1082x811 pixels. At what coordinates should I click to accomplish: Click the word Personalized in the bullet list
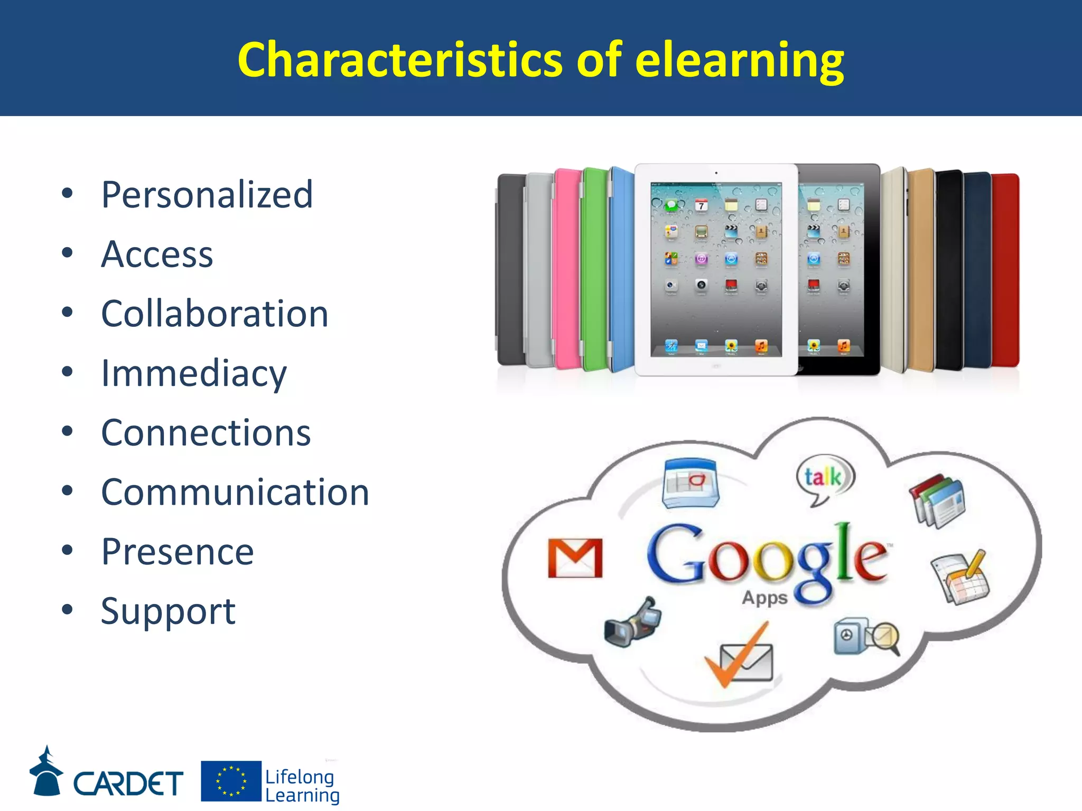point(207,195)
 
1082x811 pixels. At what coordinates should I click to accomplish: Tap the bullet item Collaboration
point(214,314)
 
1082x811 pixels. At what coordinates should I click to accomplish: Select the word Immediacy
point(194,374)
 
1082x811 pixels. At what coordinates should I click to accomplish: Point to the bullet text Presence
point(178,552)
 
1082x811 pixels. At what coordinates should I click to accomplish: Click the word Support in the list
point(168,612)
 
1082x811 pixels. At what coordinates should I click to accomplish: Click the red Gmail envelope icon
point(575,558)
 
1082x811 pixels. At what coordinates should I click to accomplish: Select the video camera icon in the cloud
point(632,623)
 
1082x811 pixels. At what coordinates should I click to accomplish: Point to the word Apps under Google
point(764,598)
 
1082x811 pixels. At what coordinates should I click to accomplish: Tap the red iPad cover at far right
point(1005,269)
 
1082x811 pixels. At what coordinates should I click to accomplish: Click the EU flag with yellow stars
point(231,781)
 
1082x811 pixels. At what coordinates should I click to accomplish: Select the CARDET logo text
point(128,783)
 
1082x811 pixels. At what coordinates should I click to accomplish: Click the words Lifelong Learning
point(302,786)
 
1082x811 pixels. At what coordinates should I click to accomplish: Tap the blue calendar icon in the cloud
point(691,483)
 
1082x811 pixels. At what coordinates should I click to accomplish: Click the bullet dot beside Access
point(67,253)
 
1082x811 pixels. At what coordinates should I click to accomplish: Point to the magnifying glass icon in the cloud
point(884,636)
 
